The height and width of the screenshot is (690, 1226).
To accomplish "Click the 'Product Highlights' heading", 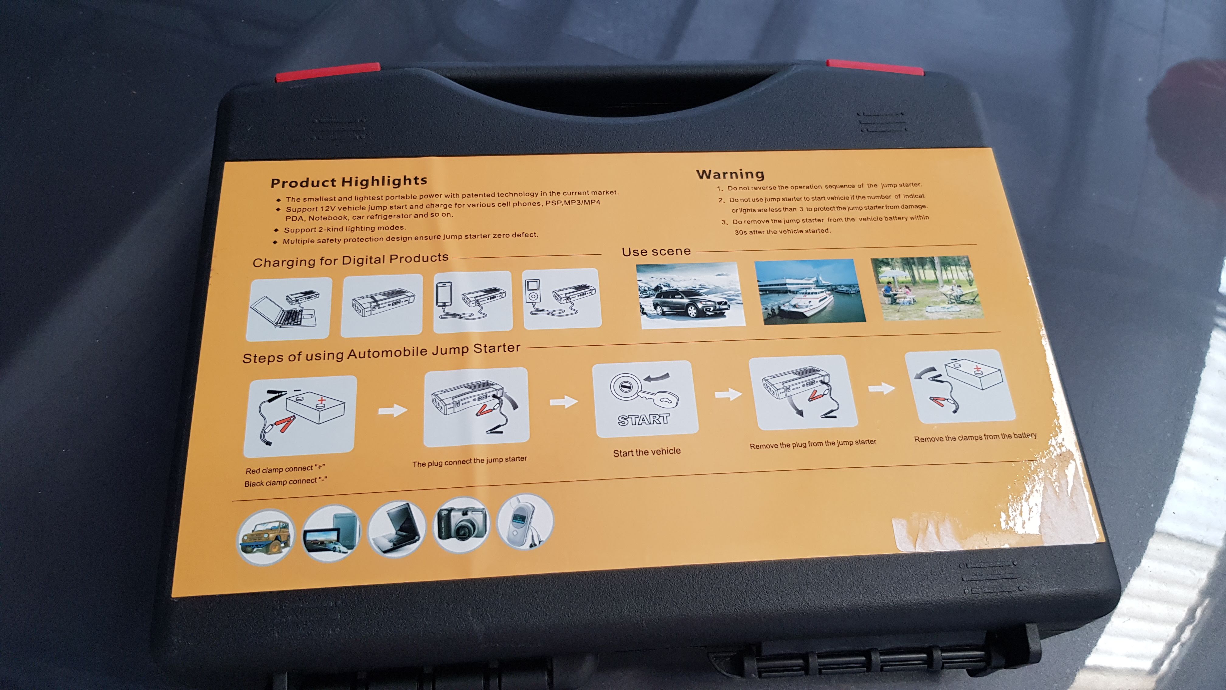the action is (349, 181).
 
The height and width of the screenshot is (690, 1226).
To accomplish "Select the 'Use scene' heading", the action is (656, 251).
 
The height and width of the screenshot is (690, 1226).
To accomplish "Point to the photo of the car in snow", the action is (690, 295).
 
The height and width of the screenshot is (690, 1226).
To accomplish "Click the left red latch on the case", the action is (327, 72).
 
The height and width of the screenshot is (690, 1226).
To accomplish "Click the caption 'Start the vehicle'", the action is (647, 452).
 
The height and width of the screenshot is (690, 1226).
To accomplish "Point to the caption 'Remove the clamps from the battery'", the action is (975, 437).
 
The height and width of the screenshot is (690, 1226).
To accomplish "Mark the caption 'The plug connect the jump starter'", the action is (470, 461).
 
